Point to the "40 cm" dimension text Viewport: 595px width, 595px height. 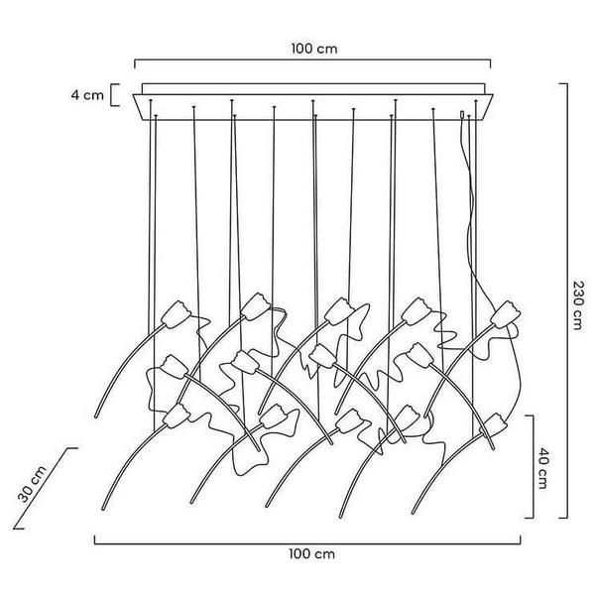(545, 466)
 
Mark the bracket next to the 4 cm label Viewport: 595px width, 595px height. (116, 95)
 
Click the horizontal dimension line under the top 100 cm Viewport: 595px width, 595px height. (313, 61)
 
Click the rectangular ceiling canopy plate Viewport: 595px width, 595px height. (314, 101)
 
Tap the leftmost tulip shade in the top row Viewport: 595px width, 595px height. (177, 313)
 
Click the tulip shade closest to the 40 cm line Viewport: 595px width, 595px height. (497, 426)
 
